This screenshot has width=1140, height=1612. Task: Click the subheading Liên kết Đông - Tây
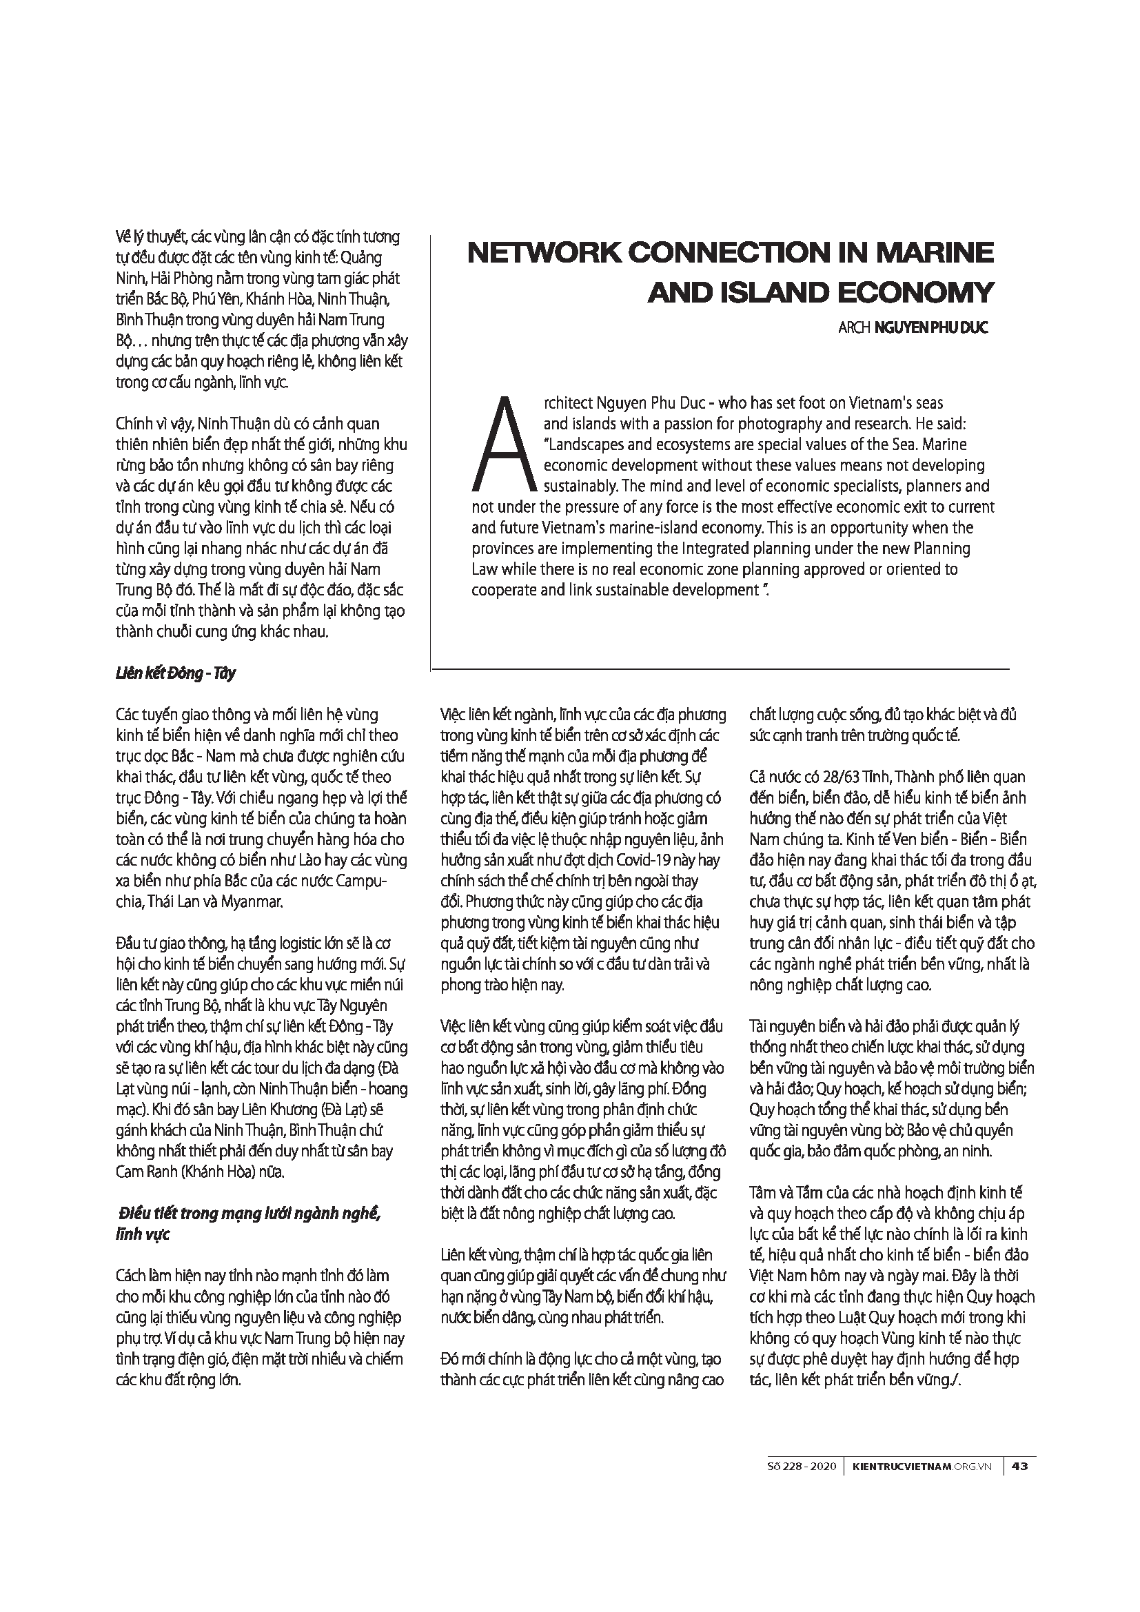click(176, 673)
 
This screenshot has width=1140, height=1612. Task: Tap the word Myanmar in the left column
click(252, 902)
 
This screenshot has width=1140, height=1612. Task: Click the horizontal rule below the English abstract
click(720, 669)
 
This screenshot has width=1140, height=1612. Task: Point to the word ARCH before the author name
click(853, 328)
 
